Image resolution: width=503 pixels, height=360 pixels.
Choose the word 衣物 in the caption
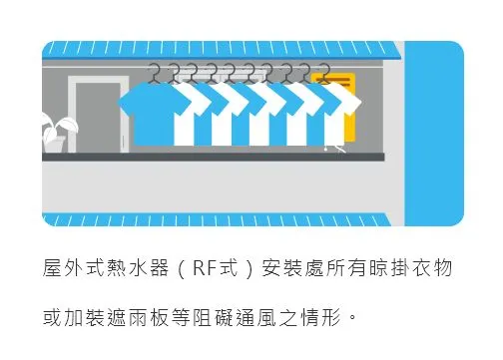pos(442,268)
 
